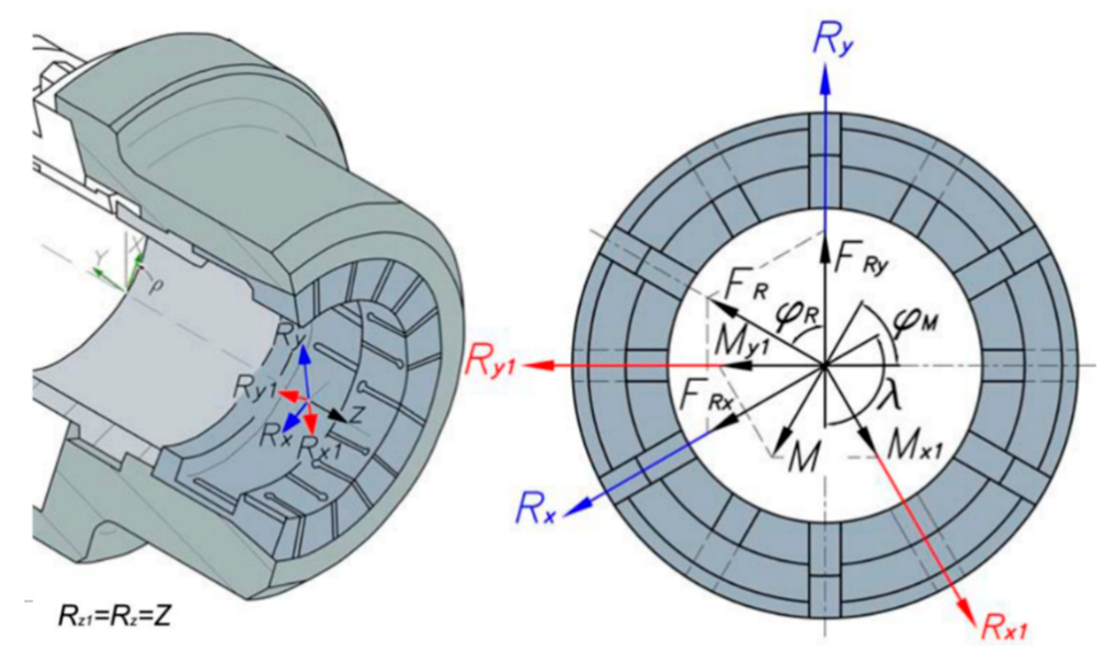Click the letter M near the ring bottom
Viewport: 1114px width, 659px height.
801,458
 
